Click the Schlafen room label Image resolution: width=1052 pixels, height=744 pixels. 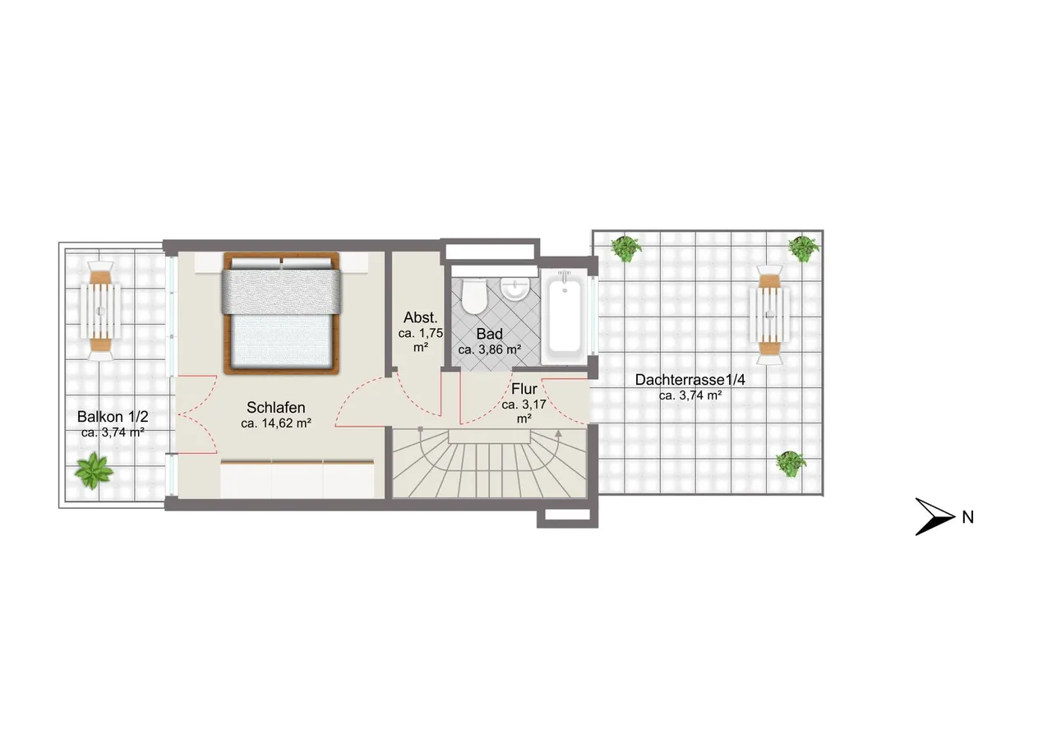point(275,407)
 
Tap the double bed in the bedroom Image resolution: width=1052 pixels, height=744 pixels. point(282,313)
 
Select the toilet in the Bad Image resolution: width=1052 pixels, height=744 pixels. point(473,297)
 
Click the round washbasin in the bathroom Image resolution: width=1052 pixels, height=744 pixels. point(515,288)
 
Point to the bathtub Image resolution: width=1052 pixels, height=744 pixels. point(564,316)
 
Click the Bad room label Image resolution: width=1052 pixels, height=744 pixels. point(489,334)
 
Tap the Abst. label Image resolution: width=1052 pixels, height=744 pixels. point(420,317)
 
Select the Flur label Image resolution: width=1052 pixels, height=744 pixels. point(524,389)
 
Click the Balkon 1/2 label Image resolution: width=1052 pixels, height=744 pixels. point(113,417)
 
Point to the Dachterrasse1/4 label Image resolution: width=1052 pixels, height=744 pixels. point(690,380)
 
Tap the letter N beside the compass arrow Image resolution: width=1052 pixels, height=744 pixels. point(968,517)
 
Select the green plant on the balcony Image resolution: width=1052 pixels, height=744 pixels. point(94,470)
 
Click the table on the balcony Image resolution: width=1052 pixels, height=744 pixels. point(100,311)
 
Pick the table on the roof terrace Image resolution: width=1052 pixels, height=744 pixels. point(770,315)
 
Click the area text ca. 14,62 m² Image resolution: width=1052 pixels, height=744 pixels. point(276,423)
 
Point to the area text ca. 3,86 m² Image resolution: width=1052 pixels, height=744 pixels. point(490,349)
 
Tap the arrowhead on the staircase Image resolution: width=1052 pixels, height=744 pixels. point(558,433)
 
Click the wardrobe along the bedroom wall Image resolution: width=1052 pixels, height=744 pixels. point(298,478)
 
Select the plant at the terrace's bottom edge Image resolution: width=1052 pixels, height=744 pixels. point(791,464)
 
